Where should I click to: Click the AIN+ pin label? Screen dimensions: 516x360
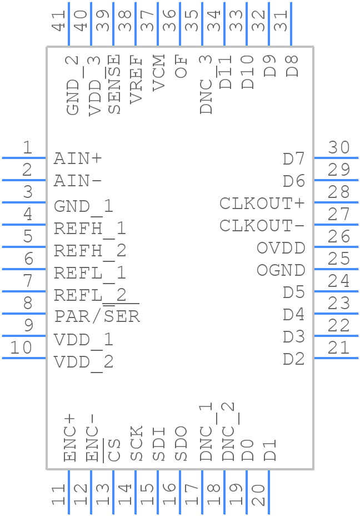[78, 159]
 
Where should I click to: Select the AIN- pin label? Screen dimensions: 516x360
[78, 181]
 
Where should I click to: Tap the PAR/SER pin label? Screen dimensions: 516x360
[97, 316]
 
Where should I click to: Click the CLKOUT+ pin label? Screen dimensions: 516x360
[262, 204]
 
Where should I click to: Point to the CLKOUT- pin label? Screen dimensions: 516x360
[262, 226]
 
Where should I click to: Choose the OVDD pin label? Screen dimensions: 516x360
[281, 248]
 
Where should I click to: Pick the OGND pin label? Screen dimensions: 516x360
[281, 270]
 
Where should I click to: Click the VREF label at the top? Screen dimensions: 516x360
[136, 80]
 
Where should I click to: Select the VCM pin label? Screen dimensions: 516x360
[158, 73]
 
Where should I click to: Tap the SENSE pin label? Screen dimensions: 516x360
[114, 85]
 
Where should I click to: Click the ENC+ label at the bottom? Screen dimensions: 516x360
[70, 438]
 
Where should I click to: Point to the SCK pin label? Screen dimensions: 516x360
[137, 443]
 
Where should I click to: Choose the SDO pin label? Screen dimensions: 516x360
[181, 443]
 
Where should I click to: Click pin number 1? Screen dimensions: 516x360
[27, 148]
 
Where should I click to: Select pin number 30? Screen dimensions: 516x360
[338, 148]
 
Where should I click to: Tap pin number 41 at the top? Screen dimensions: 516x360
[58, 18]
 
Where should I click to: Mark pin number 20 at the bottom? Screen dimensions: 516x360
[258, 494]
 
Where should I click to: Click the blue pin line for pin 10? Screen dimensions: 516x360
[24, 358]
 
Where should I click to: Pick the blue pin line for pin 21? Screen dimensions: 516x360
[336, 358]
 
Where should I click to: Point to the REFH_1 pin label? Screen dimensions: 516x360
[90, 229]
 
